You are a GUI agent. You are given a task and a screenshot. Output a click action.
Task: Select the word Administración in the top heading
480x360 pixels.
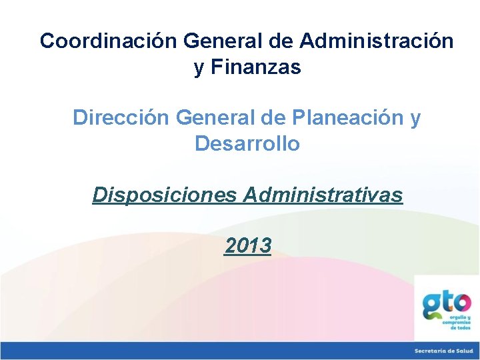(377, 41)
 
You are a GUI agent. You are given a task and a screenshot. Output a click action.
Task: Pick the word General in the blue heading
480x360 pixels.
(217, 118)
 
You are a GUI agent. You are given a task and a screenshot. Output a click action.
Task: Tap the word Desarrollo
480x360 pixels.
(247, 143)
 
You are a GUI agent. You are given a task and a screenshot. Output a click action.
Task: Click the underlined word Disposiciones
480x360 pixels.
(165, 195)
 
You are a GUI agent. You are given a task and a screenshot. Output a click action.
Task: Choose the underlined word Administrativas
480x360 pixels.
(323, 195)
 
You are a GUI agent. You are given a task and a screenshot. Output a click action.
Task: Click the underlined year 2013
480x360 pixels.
(248, 246)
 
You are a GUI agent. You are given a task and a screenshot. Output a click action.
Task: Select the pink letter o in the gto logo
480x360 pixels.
(461, 303)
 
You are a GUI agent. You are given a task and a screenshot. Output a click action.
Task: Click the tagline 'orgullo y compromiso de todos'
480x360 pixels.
(457, 323)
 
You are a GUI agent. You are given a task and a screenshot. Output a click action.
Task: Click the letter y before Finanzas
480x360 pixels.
(199, 68)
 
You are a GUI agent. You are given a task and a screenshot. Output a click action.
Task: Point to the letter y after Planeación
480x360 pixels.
(415, 119)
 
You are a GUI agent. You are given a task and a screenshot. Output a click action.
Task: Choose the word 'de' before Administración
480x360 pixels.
(281, 41)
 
